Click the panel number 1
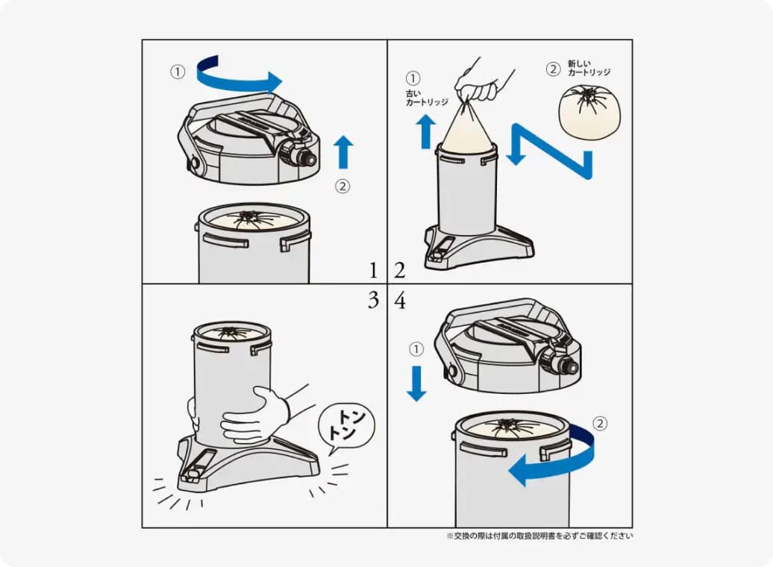click(x=373, y=270)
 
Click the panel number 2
click(x=400, y=270)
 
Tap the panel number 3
click(x=373, y=300)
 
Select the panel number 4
click(x=400, y=300)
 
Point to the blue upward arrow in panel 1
click(x=343, y=152)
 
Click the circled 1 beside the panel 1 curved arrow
click(x=178, y=72)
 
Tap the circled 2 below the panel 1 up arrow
click(x=342, y=187)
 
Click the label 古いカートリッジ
click(x=427, y=98)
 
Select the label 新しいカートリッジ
click(x=589, y=68)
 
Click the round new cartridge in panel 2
click(x=589, y=112)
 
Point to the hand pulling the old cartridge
click(x=481, y=84)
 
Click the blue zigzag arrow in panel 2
click(x=552, y=151)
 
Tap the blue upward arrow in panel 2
click(x=426, y=131)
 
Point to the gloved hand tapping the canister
click(x=254, y=415)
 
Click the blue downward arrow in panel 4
click(x=416, y=383)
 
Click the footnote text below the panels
click(x=539, y=536)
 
